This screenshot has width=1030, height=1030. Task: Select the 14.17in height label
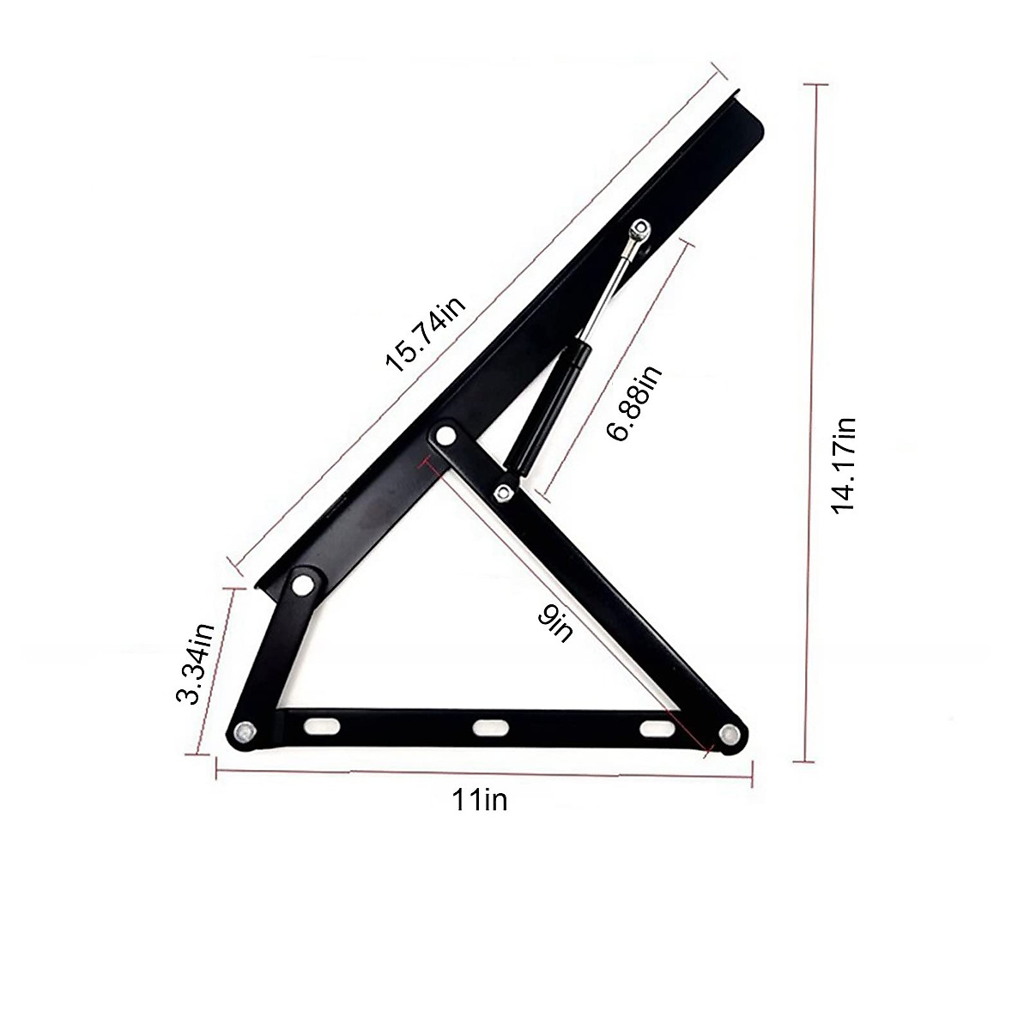[x=845, y=464]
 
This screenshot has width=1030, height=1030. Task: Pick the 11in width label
[x=480, y=800]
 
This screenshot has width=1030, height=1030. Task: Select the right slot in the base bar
[x=656, y=729]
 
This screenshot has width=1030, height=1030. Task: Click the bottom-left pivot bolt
[x=245, y=732]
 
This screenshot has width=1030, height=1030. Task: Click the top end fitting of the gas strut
[x=639, y=232]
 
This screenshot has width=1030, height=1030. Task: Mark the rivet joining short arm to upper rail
[x=302, y=585]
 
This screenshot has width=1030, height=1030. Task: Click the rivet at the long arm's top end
[x=445, y=436]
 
